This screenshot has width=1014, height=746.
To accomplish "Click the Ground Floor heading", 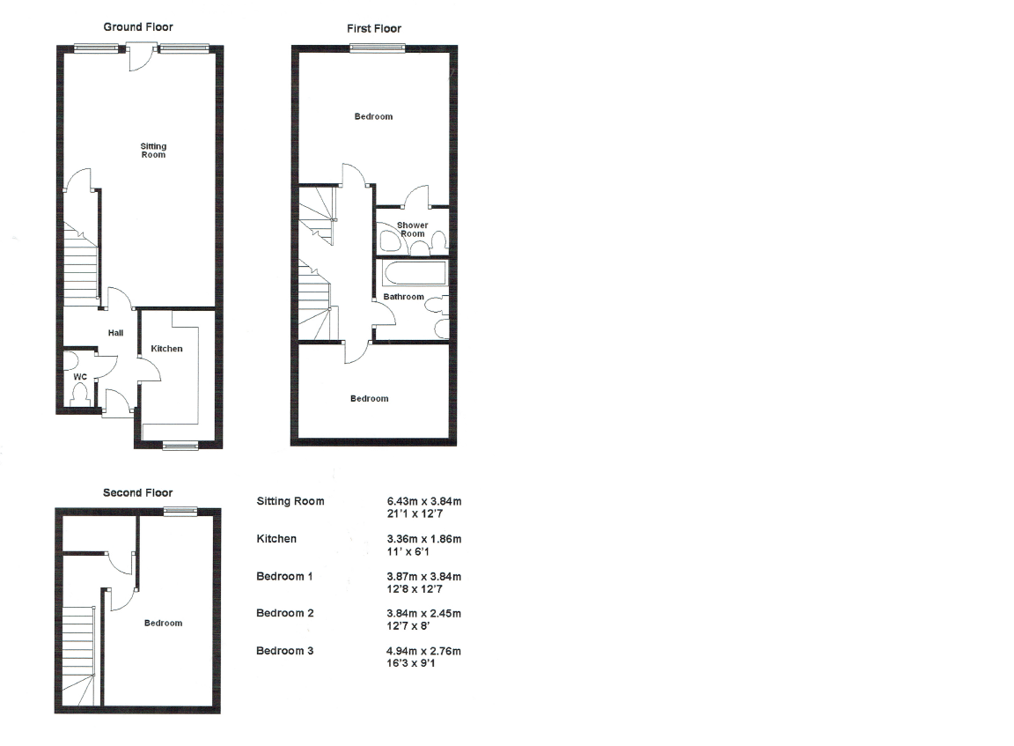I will coord(138,27).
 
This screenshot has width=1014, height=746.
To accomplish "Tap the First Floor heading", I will coord(373,29).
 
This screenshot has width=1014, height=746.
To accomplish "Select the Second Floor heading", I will coord(137,493).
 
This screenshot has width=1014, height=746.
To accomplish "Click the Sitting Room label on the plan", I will coord(153,151).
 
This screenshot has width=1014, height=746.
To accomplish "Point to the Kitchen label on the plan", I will coord(166,349).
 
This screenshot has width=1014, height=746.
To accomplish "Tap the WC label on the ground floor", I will coord(79,377).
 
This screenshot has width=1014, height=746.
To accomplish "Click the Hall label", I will coord(115,333).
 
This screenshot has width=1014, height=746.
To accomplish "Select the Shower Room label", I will coord(412,230).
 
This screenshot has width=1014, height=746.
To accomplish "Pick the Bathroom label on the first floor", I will coord(403,297).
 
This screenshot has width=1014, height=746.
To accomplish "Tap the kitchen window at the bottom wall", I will coord(180,446).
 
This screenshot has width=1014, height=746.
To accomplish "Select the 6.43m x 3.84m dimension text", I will coord(418,501).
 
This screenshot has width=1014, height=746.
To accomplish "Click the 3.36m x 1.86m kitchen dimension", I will coord(418,538).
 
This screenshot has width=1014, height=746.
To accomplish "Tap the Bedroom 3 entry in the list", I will coord(284,651).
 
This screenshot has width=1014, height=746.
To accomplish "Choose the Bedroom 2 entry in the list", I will coord(284,613).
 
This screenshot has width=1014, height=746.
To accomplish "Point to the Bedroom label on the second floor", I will coord(163,624).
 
